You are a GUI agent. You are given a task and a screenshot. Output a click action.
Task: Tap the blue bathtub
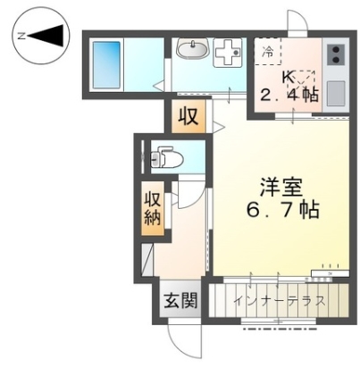click(x=106, y=65)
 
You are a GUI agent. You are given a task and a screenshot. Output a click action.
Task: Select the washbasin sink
click(x=193, y=47)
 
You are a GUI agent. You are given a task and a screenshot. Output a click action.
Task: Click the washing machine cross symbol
click(x=228, y=53)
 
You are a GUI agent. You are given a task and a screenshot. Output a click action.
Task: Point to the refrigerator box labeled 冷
click(x=268, y=51)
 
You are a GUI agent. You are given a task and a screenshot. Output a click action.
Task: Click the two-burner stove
click(x=336, y=54)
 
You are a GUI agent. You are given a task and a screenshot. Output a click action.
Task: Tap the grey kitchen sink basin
click(x=336, y=94)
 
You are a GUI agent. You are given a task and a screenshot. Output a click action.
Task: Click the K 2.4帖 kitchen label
click(x=289, y=87)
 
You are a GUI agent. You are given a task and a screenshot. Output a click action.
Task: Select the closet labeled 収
click(x=188, y=116)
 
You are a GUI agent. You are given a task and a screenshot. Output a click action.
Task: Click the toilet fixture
click(x=167, y=156)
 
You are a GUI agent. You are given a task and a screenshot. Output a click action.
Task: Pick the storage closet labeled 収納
click(x=153, y=208)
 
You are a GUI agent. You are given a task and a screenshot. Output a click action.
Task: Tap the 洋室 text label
click(x=281, y=187)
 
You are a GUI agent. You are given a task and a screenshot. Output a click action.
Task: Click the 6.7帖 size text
click(x=283, y=210)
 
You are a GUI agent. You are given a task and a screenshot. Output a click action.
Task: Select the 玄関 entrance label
click(x=181, y=300)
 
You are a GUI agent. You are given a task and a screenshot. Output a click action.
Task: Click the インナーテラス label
click(x=279, y=301)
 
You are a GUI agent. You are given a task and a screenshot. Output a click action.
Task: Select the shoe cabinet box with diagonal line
click(x=147, y=260)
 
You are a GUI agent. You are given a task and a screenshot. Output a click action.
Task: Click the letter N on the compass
click(x=21, y=36)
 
